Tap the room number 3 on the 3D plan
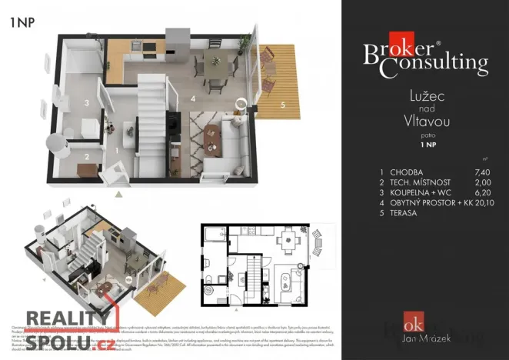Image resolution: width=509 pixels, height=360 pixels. (88, 102)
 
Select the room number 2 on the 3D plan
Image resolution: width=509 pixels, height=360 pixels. (87, 157)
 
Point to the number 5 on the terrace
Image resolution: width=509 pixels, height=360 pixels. (282, 105)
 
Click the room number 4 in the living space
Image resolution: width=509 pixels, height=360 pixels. (192, 99)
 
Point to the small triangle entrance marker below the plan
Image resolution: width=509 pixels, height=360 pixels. (118, 194)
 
